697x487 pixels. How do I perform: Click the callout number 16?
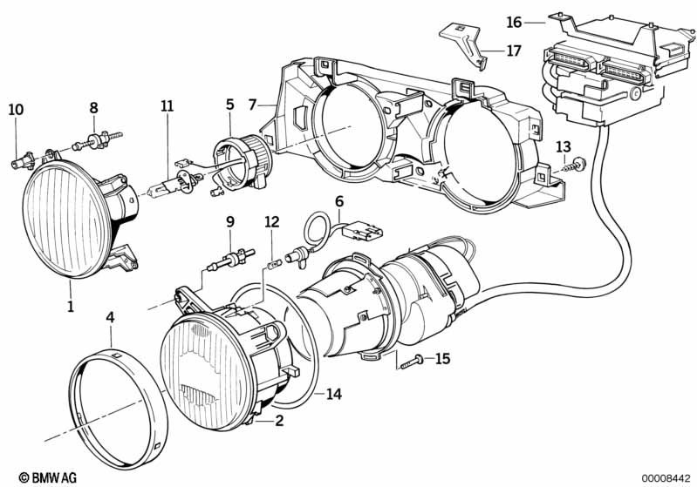pos(514,22)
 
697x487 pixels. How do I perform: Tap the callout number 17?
pos(514,51)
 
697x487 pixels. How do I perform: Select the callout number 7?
pos(252,105)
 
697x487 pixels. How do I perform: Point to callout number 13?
pos(564,146)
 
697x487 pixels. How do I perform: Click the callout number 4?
pos(110,317)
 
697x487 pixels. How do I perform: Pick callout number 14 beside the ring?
pos(334,394)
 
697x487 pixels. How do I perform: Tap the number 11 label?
pos(167,106)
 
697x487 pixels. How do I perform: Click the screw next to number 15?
pos(412,361)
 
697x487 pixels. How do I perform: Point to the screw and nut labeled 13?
pos(575,166)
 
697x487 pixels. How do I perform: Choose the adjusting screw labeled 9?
pos(231,260)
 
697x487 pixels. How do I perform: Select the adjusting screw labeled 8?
pos(97,140)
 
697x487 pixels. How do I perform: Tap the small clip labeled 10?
pos(22,160)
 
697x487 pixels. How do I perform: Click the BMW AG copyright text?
pos(48,477)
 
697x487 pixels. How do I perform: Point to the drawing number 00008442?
pos(666,478)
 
